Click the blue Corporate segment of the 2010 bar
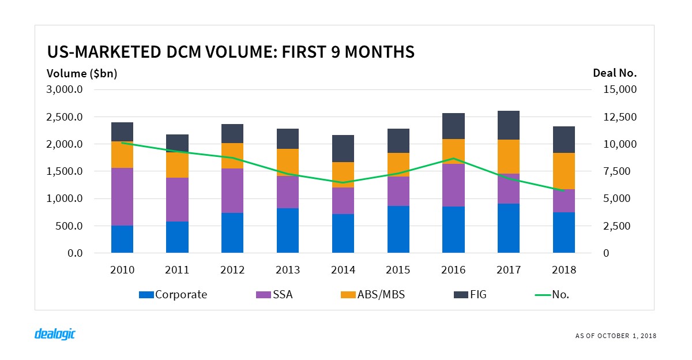122,239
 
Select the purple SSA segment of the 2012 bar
232,190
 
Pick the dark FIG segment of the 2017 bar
509,125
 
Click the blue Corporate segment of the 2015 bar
398,229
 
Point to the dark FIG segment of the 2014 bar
343,148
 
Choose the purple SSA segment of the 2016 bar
453,185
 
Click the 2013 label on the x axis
288,269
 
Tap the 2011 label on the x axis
177,269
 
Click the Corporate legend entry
173,294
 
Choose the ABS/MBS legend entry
374,294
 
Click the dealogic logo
55,334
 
